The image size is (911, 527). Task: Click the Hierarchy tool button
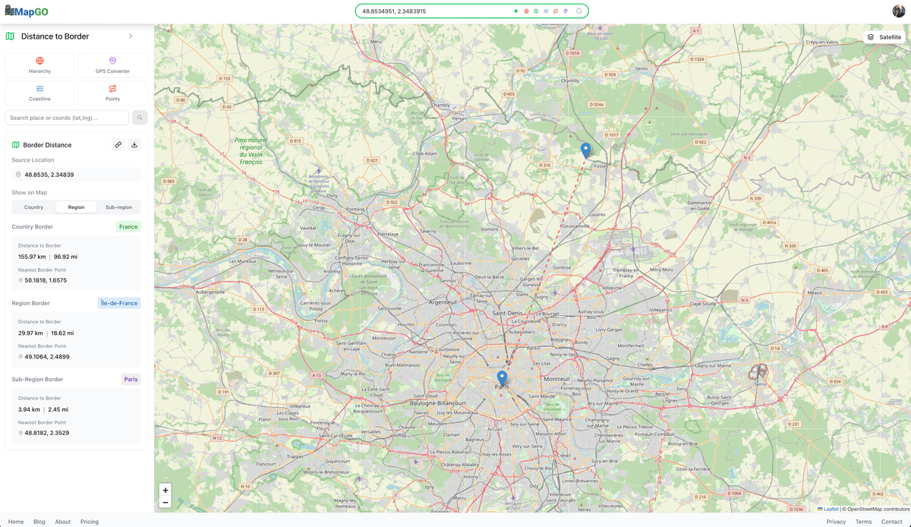[39, 65]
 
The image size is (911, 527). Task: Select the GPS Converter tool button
[112, 65]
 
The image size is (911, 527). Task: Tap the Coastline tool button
[39, 93]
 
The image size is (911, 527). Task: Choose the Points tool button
[112, 93]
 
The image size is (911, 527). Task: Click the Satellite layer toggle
[884, 36]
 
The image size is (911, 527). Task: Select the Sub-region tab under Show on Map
[118, 207]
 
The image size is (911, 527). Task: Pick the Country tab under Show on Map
[33, 207]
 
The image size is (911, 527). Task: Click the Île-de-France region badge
[119, 303]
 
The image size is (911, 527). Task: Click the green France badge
[128, 226]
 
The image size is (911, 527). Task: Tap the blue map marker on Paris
[502, 377]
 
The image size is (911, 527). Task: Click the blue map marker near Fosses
[585, 150]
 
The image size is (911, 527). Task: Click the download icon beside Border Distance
[134, 144]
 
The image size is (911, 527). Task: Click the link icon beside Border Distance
[118, 144]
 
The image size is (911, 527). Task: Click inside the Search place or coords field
[67, 118]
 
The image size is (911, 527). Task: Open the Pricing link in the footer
[90, 522]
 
